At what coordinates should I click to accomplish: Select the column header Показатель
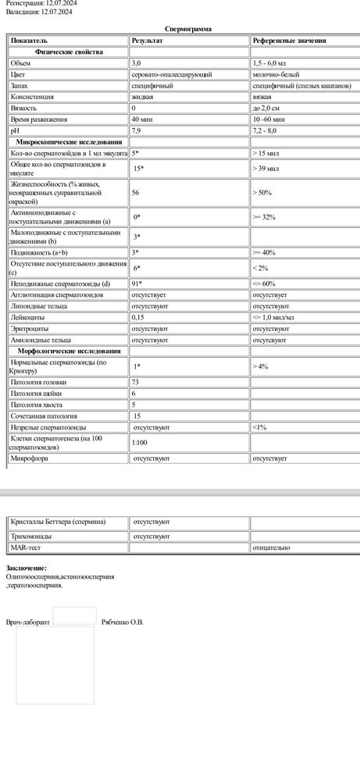(29, 40)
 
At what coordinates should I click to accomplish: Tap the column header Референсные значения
(289, 40)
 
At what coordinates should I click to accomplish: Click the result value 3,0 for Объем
(137, 62)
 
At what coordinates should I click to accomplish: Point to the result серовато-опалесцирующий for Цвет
(166, 73)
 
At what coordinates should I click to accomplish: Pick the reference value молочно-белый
(274, 73)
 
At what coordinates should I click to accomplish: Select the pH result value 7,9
(137, 131)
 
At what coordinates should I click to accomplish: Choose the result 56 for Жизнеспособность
(137, 191)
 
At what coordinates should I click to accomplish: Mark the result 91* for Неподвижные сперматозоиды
(137, 284)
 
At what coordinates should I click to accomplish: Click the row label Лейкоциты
(26, 318)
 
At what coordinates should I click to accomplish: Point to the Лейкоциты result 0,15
(139, 318)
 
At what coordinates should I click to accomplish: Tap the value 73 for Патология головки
(136, 383)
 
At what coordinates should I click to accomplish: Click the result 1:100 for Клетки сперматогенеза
(140, 443)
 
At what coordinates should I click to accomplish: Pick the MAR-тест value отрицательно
(270, 548)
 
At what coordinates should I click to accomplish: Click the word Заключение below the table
(25, 568)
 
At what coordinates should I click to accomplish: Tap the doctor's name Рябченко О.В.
(123, 622)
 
